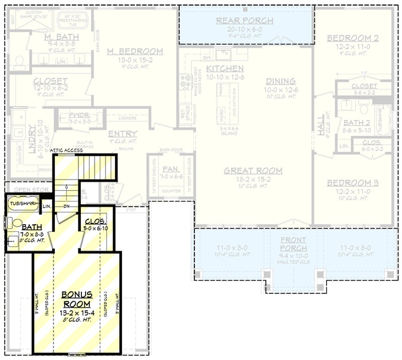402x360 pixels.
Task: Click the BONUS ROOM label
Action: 77,299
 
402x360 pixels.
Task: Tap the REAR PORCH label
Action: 245,21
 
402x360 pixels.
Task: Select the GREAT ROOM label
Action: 253,171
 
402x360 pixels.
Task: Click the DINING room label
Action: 280,81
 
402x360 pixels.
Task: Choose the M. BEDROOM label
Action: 134,51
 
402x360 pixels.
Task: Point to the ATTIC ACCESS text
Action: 66,150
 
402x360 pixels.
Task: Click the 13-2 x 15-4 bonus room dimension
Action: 77,312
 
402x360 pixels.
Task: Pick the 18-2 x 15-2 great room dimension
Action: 253,179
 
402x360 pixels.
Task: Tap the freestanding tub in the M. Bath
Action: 74,21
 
